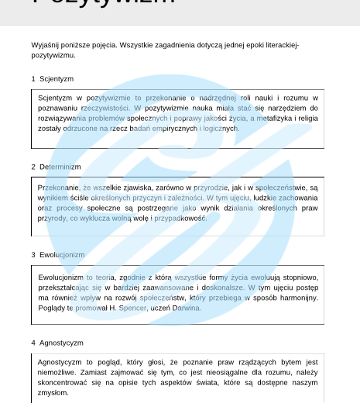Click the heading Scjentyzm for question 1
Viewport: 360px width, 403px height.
[x=58, y=79]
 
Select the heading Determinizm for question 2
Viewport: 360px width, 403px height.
[x=61, y=167]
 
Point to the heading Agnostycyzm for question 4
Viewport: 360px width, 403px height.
[x=63, y=343]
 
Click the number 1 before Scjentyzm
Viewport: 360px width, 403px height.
[x=33, y=79]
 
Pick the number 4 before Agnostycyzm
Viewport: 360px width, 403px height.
[x=33, y=343]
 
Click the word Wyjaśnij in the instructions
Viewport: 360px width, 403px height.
[x=44, y=45]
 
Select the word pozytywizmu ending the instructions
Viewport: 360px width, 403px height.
[x=53, y=55]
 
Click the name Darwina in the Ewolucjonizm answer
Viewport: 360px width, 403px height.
[x=187, y=308]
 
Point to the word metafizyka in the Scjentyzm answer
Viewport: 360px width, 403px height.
[x=267, y=118]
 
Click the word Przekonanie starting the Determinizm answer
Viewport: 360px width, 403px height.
[x=58, y=188]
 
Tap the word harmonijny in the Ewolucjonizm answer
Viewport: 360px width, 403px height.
[x=298, y=298]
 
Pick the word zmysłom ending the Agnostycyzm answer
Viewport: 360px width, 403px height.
[x=53, y=393]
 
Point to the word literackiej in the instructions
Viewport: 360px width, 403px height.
[x=281, y=45]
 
